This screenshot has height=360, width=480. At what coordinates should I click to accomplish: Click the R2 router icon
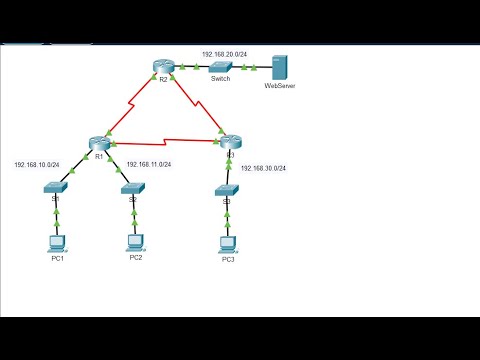click(x=164, y=66)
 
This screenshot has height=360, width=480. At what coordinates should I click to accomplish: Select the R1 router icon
click(x=98, y=142)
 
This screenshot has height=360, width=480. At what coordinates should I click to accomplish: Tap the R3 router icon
click(x=231, y=142)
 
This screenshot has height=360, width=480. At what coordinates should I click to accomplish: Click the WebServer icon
click(x=279, y=68)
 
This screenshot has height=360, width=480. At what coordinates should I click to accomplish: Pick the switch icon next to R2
click(x=220, y=66)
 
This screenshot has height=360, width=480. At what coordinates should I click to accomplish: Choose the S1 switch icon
click(x=57, y=187)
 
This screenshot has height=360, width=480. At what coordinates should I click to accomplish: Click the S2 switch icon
click(x=132, y=187)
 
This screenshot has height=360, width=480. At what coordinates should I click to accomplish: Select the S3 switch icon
click(x=227, y=189)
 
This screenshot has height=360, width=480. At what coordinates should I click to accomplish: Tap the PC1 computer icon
click(x=57, y=243)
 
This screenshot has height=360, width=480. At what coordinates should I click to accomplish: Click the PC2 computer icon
click(x=135, y=241)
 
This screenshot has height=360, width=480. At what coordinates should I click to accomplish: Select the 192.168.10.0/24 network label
click(x=36, y=164)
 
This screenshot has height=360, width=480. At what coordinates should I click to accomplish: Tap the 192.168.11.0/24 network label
click(x=148, y=164)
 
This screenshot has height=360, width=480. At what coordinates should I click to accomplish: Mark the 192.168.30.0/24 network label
click(x=263, y=168)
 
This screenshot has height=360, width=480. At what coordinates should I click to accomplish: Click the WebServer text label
click(x=279, y=87)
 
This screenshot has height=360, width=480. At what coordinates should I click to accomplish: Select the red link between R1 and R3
click(x=165, y=140)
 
